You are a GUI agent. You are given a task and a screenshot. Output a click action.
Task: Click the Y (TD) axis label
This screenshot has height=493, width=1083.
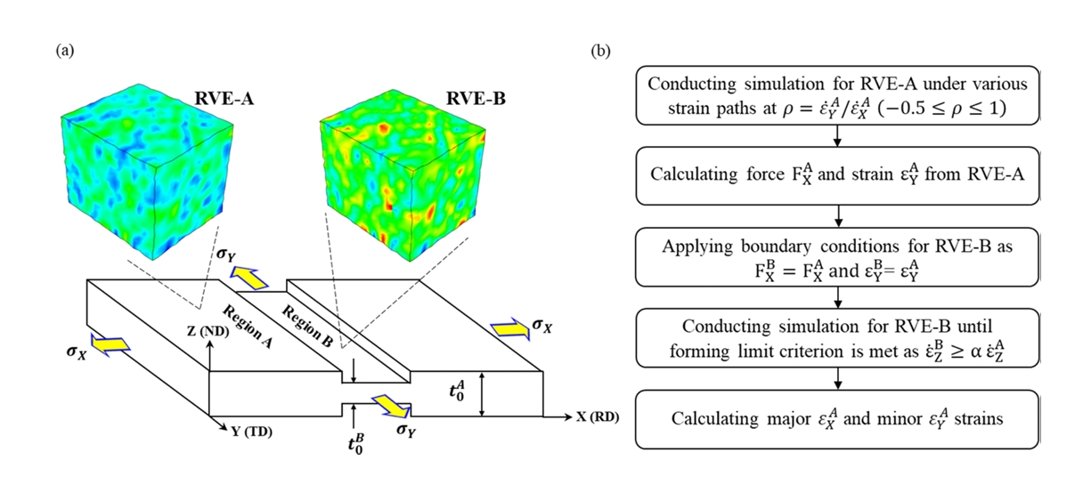[252, 432]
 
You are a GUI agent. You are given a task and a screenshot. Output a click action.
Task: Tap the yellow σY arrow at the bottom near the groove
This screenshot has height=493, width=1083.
[390, 407]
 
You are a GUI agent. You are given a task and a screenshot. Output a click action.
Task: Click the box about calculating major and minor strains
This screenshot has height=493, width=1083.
[837, 418]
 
